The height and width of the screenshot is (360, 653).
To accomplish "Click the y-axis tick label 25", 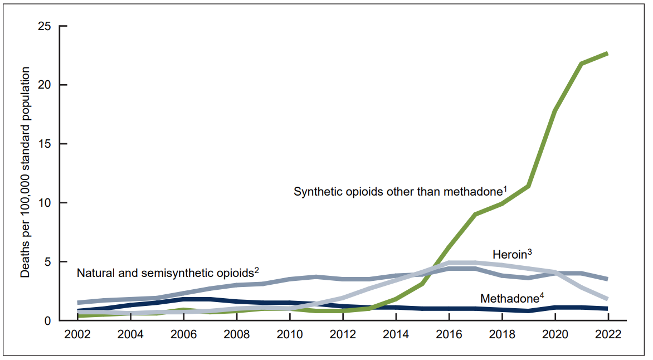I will click(45, 26).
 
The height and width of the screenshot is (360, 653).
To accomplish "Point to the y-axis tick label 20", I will click(45, 85).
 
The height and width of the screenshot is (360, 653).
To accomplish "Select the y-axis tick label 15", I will click(45, 144).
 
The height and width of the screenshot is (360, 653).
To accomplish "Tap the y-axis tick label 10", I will click(45, 203).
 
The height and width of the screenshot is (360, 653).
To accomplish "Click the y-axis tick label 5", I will click(48, 262).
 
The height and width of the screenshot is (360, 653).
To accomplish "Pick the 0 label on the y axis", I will click(48, 321).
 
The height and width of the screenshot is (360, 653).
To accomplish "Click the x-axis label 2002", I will click(78, 336).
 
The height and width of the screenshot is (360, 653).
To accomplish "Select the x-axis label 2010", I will click(290, 336).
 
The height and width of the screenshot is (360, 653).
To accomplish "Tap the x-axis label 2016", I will click(449, 336).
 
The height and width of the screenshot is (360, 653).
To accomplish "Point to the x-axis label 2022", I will click(607, 336).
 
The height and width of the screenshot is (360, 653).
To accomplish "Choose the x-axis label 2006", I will click(184, 336).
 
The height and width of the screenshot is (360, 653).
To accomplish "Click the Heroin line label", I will click(509, 255).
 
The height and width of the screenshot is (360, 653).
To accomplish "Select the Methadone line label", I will click(509, 299).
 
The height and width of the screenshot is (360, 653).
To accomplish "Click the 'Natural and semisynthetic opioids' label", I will click(165, 274).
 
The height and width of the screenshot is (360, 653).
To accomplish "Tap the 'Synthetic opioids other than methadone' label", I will click(398, 192).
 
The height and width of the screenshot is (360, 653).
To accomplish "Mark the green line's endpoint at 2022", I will click(607, 53).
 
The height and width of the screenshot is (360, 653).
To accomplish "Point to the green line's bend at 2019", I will click(528, 186).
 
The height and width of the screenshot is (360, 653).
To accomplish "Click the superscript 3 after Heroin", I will click(530, 252).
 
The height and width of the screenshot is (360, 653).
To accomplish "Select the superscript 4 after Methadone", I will click(542, 295).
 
